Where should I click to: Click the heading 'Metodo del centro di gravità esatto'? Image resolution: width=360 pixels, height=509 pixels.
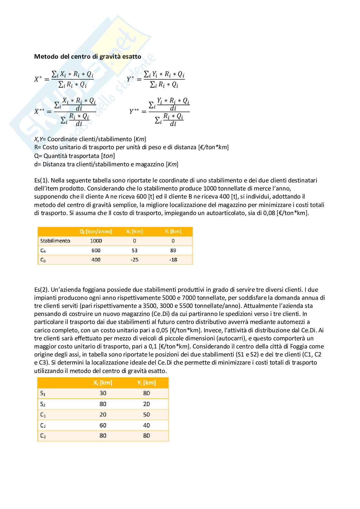click(87, 57)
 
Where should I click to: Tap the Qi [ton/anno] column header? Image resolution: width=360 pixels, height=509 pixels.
click(96, 231)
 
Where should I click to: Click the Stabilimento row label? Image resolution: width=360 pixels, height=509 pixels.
click(55, 241)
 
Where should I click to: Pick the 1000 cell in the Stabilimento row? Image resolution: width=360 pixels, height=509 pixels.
click(96, 241)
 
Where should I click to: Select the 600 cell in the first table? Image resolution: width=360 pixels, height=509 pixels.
click(96, 250)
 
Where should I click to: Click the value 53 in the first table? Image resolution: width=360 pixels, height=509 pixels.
click(135, 250)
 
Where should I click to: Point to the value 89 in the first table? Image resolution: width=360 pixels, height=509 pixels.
click(173, 250)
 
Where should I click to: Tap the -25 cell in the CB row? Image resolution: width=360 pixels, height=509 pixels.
click(135, 260)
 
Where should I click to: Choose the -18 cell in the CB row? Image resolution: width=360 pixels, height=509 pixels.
click(173, 260)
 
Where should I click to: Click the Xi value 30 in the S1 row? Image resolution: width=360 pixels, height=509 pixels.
click(103, 393)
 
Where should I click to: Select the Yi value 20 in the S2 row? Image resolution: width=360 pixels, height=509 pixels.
click(146, 404)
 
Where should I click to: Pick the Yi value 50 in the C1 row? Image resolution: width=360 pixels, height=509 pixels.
click(146, 415)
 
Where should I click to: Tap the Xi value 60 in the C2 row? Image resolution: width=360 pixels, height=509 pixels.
click(103, 426)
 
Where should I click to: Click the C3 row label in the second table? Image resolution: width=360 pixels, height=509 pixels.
click(43, 436)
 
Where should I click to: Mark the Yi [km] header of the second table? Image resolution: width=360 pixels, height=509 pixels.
click(146, 383)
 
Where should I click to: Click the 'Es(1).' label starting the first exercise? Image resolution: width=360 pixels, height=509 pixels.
click(41, 181)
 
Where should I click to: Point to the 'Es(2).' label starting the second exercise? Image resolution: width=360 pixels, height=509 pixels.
click(41, 290)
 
